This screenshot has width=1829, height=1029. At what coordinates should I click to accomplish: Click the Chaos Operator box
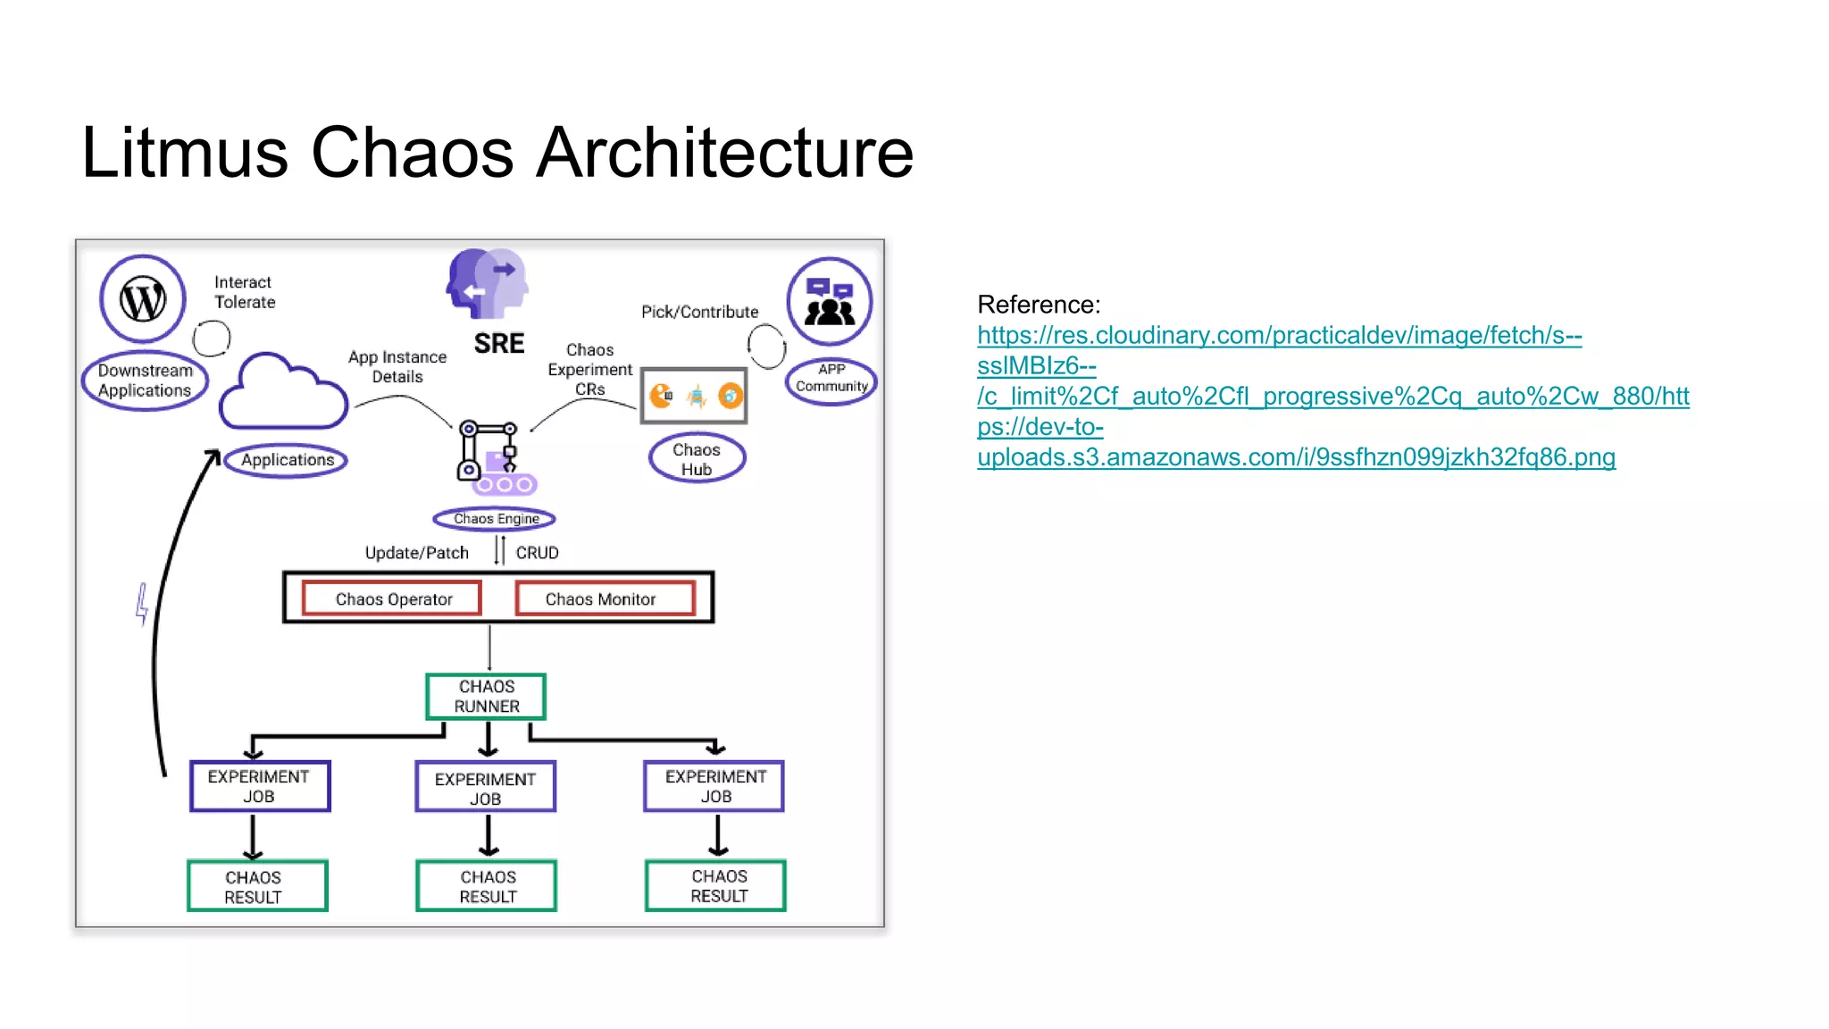coord(393,598)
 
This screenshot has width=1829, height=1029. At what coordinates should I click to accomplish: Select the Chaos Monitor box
coord(605,598)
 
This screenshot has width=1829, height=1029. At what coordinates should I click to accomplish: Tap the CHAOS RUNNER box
coord(486,697)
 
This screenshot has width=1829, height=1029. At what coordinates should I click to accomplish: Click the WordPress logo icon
coord(143,299)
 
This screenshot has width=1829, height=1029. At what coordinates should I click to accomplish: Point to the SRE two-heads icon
coord(488,284)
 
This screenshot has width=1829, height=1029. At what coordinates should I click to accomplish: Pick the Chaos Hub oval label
coord(697,459)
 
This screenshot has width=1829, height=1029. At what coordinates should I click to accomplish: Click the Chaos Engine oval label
coord(495,519)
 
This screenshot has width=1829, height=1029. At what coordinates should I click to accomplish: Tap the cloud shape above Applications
coord(283,394)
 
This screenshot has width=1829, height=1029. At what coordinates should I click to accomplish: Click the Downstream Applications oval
coord(144,381)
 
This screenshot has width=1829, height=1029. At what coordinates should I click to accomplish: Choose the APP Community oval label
coord(831,380)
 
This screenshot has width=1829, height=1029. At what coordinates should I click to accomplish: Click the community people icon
coord(830,301)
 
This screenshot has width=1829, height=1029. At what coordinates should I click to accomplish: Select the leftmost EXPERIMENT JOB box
coord(260,786)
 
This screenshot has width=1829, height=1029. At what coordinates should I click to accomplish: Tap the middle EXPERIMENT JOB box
coord(486,787)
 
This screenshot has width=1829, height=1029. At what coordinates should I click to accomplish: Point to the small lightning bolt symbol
coord(142,605)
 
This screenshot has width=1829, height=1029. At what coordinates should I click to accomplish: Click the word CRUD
coord(537,553)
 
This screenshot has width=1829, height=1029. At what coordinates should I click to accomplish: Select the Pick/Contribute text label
coord(699,312)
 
